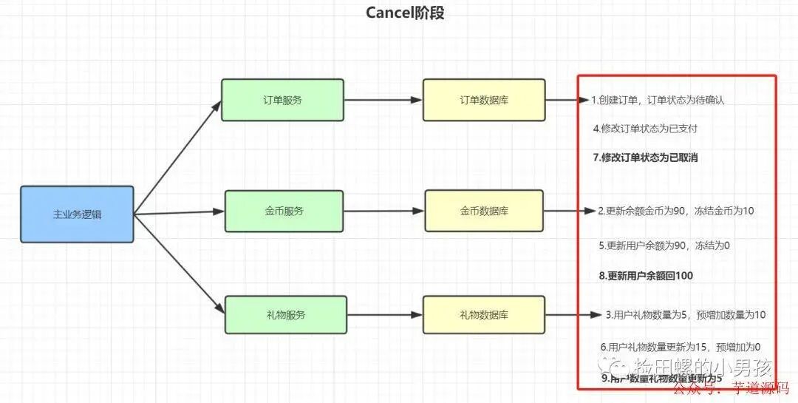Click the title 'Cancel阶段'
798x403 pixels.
(405, 13)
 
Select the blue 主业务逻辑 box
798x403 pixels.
(78, 214)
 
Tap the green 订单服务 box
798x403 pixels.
(282, 100)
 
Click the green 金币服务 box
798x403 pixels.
(284, 211)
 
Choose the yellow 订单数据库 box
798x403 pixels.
(484, 100)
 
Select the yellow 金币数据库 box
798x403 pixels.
(484, 211)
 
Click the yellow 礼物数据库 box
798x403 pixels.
(484, 314)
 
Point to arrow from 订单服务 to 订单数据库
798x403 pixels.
(383, 100)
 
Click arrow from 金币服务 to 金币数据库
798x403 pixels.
(384, 211)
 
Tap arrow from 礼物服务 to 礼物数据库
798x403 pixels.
(383, 314)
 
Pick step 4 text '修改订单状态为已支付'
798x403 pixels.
(645, 128)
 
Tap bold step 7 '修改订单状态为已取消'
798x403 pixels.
(645, 157)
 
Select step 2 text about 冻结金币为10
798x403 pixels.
(676, 211)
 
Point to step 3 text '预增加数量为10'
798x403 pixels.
(685, 314)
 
